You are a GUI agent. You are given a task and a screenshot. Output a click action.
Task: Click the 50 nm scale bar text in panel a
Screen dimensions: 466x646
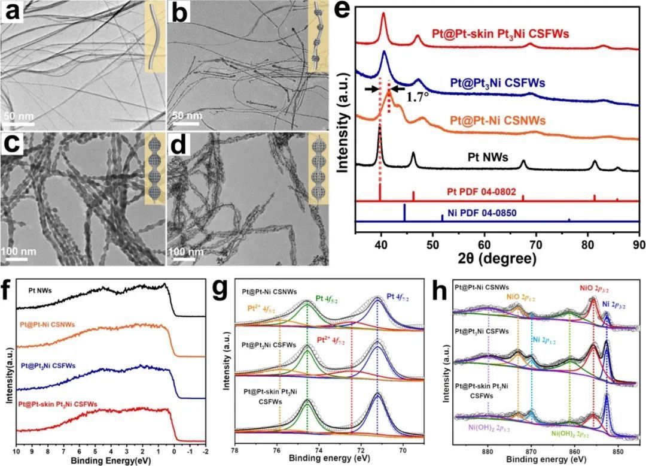(19, 115)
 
